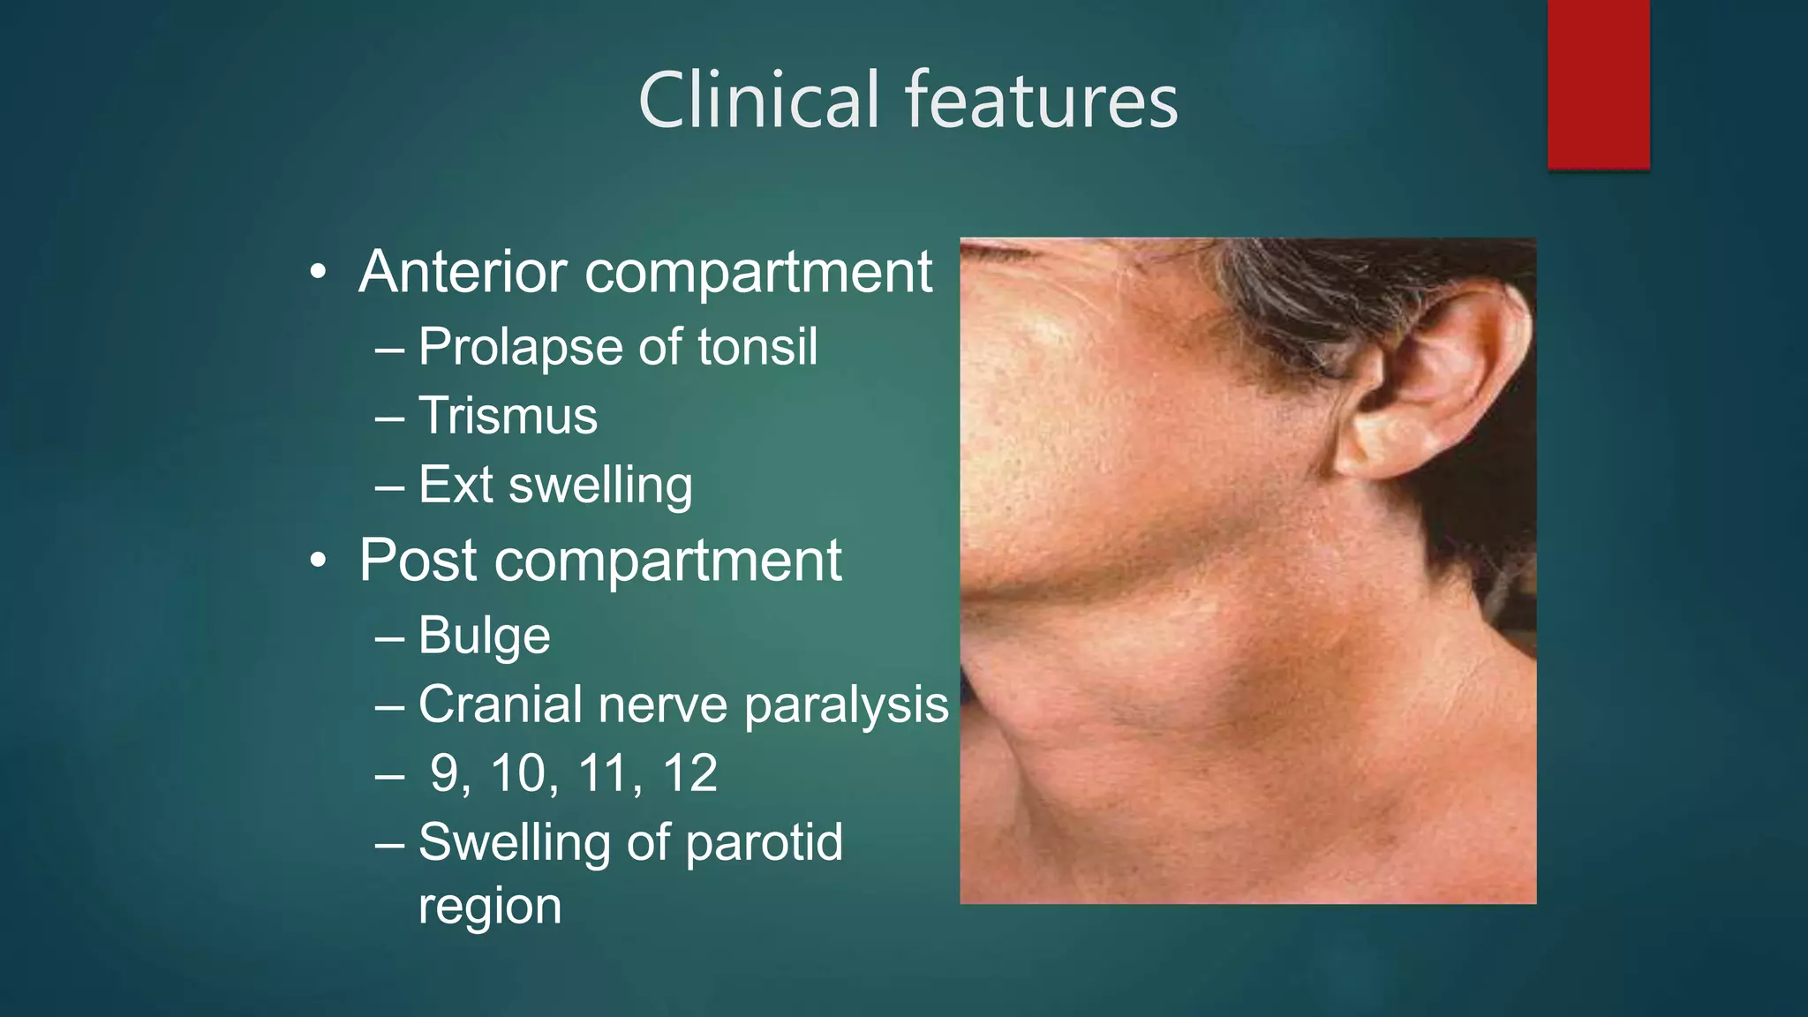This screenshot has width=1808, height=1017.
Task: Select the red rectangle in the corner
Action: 1598,84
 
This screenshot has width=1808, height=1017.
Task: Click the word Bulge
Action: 484,636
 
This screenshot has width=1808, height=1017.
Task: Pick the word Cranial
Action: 501,704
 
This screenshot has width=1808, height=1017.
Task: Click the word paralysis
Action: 846,705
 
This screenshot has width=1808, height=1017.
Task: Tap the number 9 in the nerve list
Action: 444,773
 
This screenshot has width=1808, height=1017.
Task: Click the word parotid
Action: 764,843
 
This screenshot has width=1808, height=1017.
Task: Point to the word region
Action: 489,907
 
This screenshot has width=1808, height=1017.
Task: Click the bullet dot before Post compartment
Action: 319,561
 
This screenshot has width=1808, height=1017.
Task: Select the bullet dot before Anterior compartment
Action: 319,272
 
